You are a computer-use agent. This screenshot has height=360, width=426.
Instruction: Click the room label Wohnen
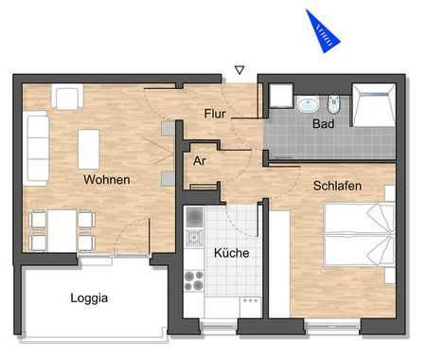click(106, 179)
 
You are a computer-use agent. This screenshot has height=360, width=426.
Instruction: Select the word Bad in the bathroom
click(324, 123)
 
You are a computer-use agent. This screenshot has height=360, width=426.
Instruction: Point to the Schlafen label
click(337, 187)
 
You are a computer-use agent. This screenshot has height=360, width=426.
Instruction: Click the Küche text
click(231, 254)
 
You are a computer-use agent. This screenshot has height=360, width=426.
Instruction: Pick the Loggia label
click(89, 297)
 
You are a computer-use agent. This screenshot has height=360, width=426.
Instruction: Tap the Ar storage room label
click(200, 160)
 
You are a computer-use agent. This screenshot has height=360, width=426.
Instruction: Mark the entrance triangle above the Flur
click(240, 70)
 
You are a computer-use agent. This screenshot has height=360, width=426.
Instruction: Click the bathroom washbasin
click(307, 103)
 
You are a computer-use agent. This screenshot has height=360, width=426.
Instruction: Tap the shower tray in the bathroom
click(372, 103)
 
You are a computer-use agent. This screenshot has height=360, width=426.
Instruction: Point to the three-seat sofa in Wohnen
click(37, 139)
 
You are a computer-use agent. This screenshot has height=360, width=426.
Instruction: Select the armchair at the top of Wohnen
click(67, 97)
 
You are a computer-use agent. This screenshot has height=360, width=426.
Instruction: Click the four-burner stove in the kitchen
click(194, 281)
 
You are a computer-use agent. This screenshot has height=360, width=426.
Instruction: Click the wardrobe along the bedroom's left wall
click(280, 261)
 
